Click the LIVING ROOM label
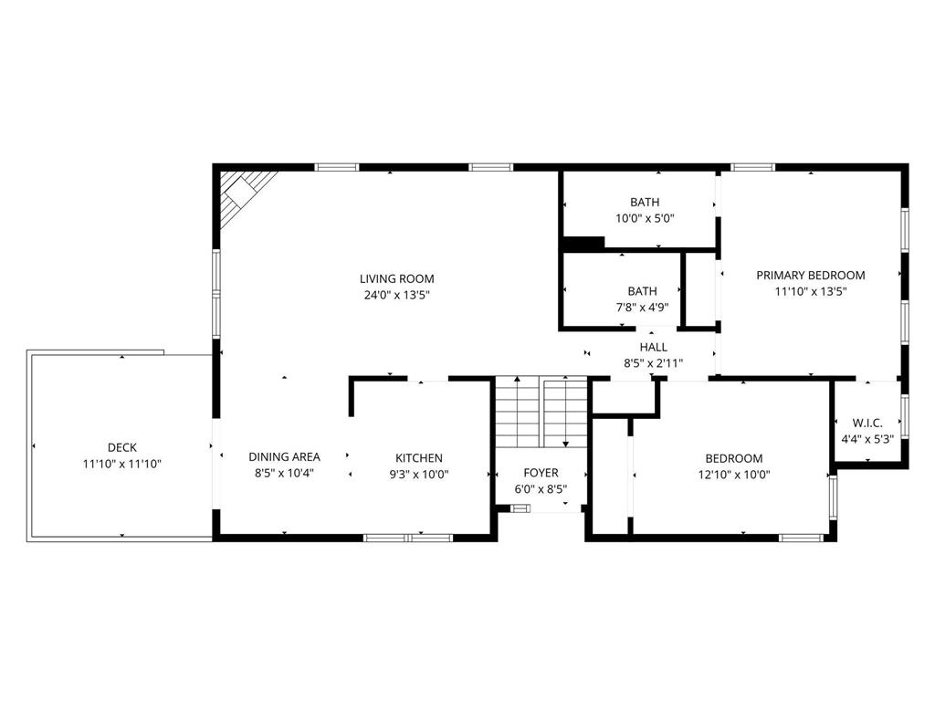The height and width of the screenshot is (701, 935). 396,278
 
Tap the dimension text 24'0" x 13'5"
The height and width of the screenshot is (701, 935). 396,295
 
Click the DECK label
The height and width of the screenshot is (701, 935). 122,447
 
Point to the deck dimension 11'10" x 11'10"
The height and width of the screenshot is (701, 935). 122,464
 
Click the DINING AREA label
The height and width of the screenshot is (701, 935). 284,456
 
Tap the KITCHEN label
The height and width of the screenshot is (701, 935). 419,457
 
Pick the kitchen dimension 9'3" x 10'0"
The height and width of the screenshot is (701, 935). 419,474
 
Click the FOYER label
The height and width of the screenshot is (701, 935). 541,472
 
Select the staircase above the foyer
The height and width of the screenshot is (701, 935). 541,412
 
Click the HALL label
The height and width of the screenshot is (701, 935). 653,347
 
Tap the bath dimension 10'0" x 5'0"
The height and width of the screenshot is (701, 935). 644,218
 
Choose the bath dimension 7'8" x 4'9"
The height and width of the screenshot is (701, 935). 642,308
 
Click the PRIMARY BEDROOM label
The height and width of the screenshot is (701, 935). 810,275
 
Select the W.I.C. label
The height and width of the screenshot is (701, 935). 867,423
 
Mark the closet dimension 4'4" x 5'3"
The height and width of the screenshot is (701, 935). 867,438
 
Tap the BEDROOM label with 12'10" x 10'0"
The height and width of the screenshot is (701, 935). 733,458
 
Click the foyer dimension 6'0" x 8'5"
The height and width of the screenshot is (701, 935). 541,488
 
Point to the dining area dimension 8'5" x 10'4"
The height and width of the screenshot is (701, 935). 284,474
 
